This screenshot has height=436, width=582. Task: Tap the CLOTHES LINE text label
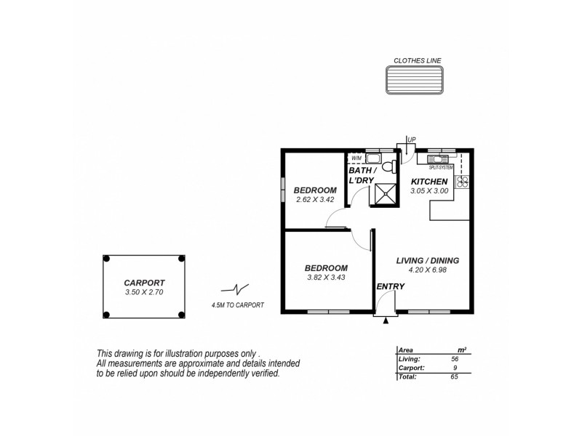[417, 60]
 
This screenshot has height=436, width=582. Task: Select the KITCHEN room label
[429, 182]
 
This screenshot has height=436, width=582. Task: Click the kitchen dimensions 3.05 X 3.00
[429, 190]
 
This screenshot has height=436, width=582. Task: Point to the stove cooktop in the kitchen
[461, 183]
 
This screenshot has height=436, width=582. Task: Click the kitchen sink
[439, 158]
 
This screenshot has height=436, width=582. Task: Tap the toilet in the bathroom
[389, 166]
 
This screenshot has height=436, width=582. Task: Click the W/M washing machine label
[356, 158]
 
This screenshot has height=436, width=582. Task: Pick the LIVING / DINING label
[428, 260]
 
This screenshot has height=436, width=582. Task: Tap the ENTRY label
[390, 287]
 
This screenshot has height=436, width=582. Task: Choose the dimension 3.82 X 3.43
[326, 277]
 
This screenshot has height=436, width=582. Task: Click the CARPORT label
[143, 283]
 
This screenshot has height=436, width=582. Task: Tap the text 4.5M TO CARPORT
[237, 305]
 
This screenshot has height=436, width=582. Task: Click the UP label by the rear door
[412, 140]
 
